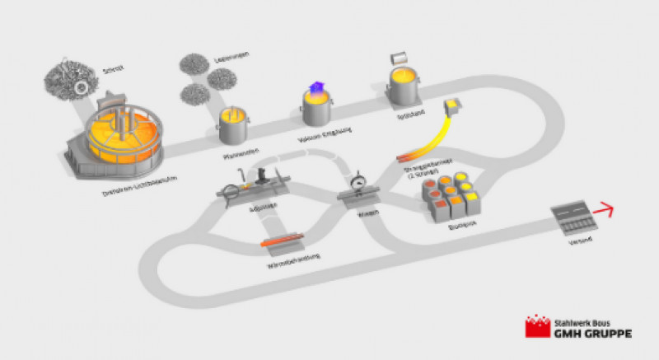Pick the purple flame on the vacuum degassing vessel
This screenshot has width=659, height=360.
(x=315, y=91)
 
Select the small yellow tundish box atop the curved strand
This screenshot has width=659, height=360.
(x=454, y=106)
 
